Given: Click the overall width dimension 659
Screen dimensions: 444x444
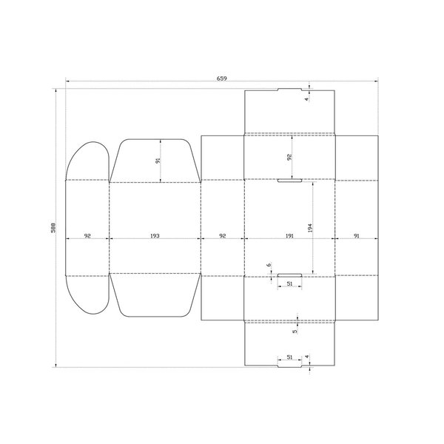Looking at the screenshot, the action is [222, 78].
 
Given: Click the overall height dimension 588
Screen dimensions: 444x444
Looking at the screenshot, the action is [53, 228].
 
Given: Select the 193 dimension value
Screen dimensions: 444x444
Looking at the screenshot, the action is [155, 235].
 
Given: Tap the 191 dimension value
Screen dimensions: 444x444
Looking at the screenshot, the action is [289, 235].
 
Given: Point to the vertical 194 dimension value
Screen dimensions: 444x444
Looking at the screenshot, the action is [310, 228].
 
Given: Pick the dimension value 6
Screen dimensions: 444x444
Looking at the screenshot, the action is [269, 265].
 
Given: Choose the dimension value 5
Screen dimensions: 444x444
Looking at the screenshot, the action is [295, 331].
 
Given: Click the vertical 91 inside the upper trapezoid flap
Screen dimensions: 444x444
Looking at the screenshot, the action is [158, 161].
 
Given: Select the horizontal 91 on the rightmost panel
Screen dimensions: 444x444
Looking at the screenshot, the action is [357, 235].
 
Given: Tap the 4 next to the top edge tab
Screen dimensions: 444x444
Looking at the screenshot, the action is [306, 99].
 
